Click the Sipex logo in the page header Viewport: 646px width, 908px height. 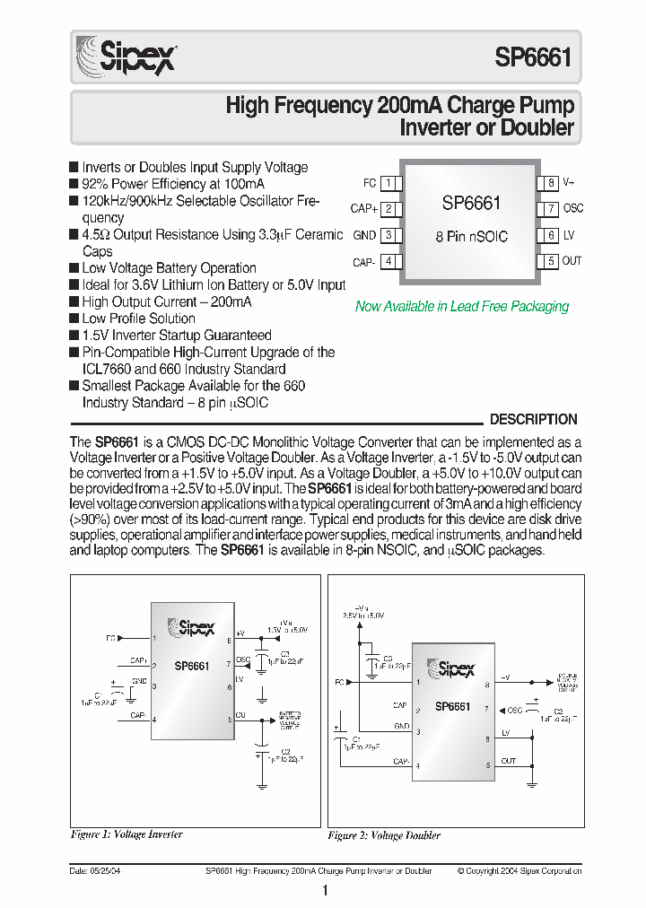tap(125, 57)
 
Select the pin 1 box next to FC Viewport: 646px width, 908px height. tap(388, 183)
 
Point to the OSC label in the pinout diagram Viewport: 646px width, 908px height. tap(572, 209)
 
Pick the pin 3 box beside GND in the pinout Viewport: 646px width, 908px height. tap(388, 235)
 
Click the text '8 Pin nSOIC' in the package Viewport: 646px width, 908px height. tap(471, 236)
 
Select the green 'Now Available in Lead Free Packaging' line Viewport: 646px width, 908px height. tap(462, 307)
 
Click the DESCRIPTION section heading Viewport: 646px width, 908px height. tap(533, 419)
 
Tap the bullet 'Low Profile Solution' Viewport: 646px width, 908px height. tap(138, 319)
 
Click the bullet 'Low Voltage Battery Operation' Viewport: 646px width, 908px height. tap(169, 268)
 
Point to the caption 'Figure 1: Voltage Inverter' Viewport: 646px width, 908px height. tap(127, 834)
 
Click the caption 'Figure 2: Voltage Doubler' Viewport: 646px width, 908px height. tap(384, 835)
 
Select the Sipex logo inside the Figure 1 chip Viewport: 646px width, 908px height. tap(191, 628)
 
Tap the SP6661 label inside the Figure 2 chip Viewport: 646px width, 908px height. tap(452, 706)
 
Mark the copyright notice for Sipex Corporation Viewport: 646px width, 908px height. tap(519, 871)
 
